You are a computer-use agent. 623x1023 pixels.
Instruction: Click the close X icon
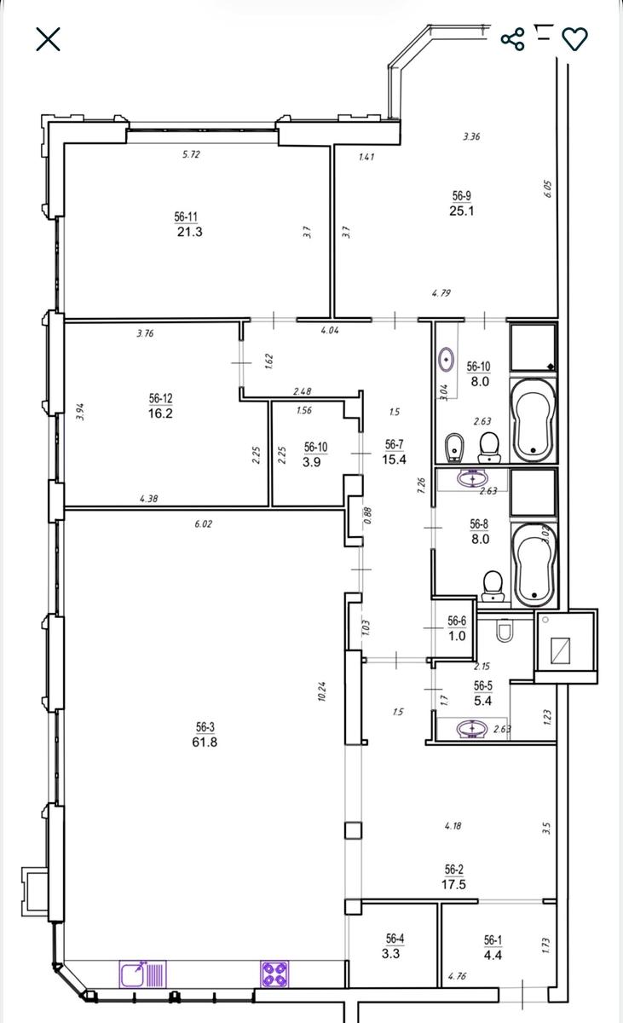[48, 39]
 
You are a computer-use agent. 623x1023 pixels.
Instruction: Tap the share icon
[512, 39]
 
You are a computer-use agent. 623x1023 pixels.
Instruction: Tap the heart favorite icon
[574, 39]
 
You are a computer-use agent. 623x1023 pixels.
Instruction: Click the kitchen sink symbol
[143, 974]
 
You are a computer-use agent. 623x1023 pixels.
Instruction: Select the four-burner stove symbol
[274, 974]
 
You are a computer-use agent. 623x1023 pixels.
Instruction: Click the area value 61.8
[205, 742]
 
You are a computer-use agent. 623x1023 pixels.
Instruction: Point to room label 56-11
[186, 217]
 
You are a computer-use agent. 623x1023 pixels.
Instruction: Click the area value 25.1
[461, 211]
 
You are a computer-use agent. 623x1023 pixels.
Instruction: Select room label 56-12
[161, 398]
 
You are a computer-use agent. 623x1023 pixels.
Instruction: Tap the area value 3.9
[311, 462]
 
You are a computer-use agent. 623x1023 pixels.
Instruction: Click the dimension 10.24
[322, 691]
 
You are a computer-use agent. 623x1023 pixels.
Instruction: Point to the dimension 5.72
[191, 154]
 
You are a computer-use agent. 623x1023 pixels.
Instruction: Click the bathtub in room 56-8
[534, 565]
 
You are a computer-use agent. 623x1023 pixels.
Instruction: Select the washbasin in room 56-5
[472, 728]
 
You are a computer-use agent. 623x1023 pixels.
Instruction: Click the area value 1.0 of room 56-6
[457, 636]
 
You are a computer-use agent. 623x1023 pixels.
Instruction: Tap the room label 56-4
[395, 939]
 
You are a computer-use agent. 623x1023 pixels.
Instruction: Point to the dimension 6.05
[548, 189]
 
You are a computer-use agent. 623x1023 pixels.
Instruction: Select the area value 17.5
[453, 884]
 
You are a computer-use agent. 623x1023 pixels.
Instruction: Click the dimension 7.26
[421, 485]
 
